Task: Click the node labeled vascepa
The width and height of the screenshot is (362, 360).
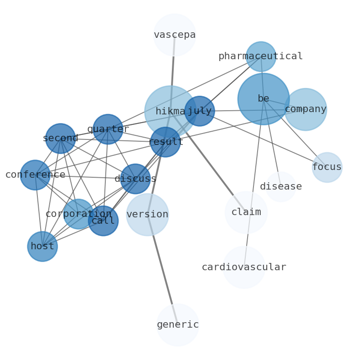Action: pos(175,35)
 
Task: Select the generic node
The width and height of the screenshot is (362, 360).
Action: pos(178,325)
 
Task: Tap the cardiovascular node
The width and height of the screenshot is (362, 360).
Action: pos(244,267)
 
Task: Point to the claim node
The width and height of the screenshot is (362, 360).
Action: pos(246,212)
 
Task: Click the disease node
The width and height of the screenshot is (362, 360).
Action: pos(281,187)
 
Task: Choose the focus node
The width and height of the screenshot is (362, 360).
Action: pos(327,167)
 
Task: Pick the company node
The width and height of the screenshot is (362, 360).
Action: pos(305,109)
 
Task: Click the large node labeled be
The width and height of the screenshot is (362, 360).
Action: pos(264,99)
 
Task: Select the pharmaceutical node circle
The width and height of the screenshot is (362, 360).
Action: pos(261,57)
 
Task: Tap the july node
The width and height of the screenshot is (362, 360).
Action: pos(200,111)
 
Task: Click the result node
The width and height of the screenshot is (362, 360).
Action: pos(165,142)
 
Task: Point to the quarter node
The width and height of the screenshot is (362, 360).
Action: pos(108,129)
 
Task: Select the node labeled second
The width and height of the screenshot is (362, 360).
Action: pos(61,139)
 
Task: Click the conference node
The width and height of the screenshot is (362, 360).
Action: pos(35,175)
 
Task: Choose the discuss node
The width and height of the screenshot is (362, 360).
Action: pos(135,179)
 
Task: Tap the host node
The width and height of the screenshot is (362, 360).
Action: pos(42,247)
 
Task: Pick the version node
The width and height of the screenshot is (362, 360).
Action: pos(147,215)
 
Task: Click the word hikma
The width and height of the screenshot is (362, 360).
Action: pos(170,112)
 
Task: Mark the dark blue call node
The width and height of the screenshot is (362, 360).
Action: pos(103,221)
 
